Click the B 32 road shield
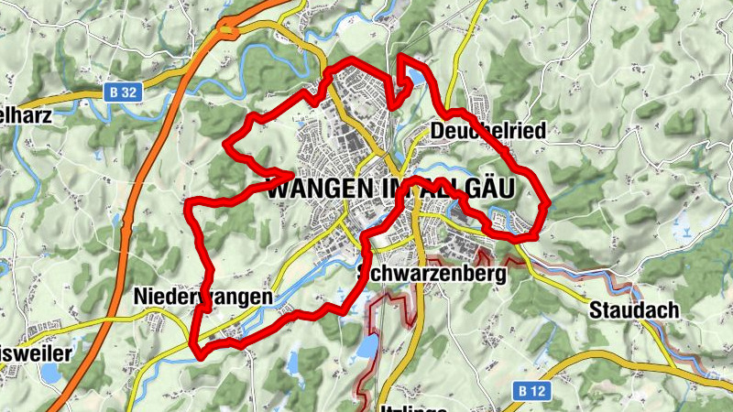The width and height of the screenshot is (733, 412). [118, 92]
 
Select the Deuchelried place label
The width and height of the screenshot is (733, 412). [487, 132]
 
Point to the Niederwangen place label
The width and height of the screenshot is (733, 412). [202, 297]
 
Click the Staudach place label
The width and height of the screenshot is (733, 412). [635, 310]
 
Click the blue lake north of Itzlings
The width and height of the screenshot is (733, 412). [367, 346]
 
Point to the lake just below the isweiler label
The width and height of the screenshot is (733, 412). [48, 373]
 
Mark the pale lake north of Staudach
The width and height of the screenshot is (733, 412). [683, 231]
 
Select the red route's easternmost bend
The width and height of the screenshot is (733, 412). [546, 203]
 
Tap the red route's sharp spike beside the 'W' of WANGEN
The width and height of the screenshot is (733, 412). [292, 171]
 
